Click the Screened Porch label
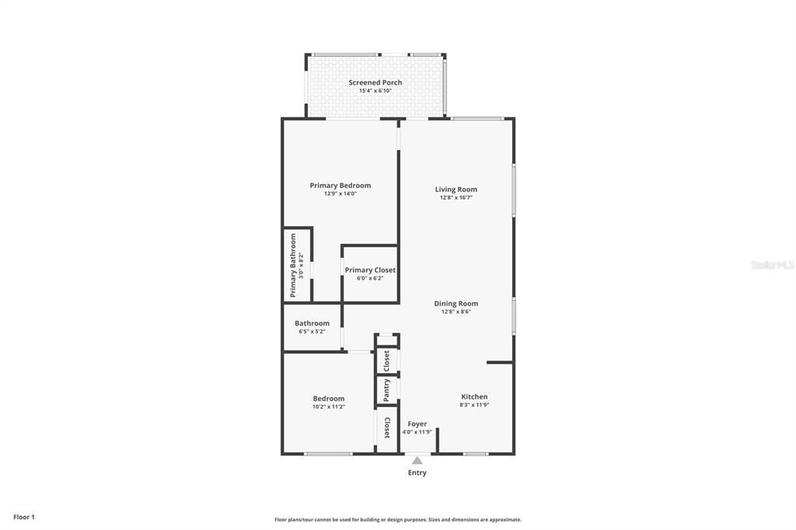pos(375,82)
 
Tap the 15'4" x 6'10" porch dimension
pos(375,91)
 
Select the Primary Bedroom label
pos(340,186)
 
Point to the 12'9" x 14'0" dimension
pos(340,194)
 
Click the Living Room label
pos(456,190)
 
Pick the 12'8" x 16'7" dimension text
pos(456,197)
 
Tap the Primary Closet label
pos(370,270)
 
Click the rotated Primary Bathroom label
pos(294,265)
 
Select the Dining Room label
pos(456,304)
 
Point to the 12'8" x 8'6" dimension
pos(456,312)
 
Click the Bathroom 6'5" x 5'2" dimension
pos(312,332)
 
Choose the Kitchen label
pos(474,396)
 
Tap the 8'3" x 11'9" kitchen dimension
pos(474,405)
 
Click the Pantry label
pos(386,390)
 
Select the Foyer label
pos(417,424)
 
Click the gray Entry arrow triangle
pos(417,460)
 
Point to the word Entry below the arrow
pos(417,472)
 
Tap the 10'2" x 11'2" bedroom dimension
pos(328,406)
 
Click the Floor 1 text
pos(24,517)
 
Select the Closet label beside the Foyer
pos(386,428)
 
